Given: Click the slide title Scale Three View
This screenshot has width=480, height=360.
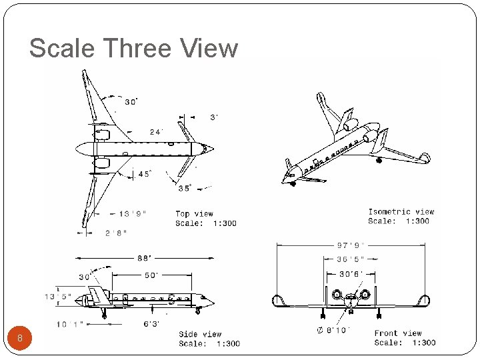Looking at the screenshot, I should [133, 49].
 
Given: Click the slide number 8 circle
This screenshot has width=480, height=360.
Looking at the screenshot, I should [20, 338].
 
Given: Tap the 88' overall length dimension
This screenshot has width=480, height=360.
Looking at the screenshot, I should [145, 257].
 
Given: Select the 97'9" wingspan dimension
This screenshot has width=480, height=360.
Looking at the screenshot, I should [351, 245].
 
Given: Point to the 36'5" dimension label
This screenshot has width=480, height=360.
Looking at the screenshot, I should [350, 259].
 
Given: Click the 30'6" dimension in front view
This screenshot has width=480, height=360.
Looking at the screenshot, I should [351, 273].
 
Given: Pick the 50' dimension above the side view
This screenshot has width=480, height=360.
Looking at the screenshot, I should [153, 275].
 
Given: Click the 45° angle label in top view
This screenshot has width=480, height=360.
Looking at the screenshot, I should [144, 175].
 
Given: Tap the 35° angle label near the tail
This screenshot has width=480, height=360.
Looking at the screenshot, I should [185, 189].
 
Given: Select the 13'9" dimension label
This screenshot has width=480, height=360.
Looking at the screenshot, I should [133, 214].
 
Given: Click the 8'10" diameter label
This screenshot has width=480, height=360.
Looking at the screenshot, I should [331, 330].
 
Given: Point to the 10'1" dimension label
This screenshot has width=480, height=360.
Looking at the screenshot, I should [69, 325].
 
